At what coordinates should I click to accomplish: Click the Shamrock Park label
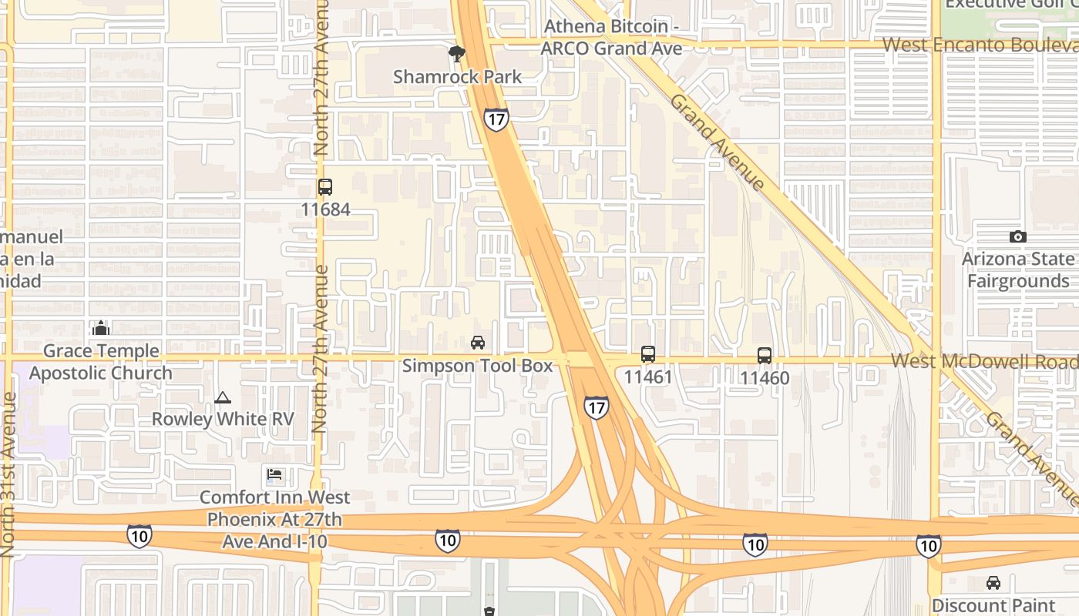[457, 77]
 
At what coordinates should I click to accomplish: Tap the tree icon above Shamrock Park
[457, 54]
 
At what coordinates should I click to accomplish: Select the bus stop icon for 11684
[325, 187]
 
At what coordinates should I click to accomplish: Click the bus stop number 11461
[648, 377]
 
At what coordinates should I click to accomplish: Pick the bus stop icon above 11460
[765, 356]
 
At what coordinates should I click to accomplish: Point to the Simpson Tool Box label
[478, 365]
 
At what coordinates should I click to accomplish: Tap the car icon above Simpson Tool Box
[478, 343]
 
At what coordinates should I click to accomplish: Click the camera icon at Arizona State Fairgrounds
[1018, 237]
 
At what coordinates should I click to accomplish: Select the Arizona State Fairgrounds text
[1018, 269]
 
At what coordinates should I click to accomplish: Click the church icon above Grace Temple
[101, 329]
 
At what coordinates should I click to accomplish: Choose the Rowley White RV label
[223, 419]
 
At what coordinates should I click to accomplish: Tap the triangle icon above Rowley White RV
[223, 398]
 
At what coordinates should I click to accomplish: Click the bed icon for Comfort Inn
[275, 474]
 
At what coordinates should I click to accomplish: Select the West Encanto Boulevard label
[980, 45]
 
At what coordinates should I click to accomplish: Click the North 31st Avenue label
[9, 474]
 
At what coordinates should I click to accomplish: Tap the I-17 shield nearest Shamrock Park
[496, 119]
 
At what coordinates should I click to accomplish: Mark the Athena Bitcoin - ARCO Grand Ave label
[611, 37]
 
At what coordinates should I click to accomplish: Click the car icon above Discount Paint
[993, 583]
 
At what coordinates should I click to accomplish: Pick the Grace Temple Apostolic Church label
[101, 362]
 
